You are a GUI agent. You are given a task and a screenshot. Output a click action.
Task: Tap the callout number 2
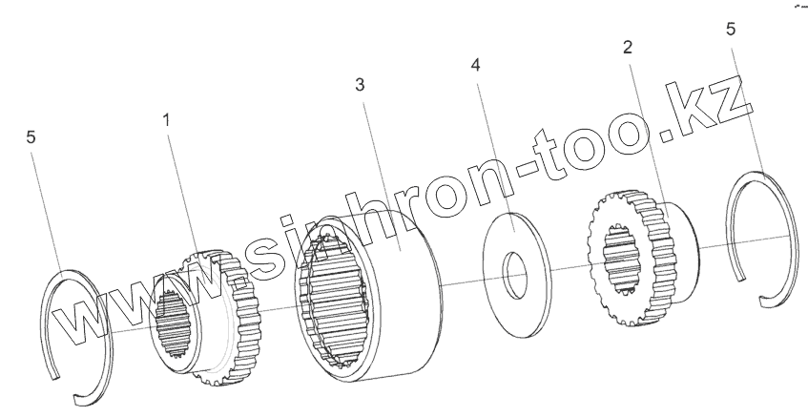[628, 46]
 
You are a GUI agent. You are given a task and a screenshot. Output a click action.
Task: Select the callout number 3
[359, 84]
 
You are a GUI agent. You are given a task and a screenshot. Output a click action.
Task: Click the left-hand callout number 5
[31, 137]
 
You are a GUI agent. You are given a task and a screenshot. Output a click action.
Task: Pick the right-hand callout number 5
[731, 30]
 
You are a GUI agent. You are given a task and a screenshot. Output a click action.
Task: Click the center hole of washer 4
[515, 271]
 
